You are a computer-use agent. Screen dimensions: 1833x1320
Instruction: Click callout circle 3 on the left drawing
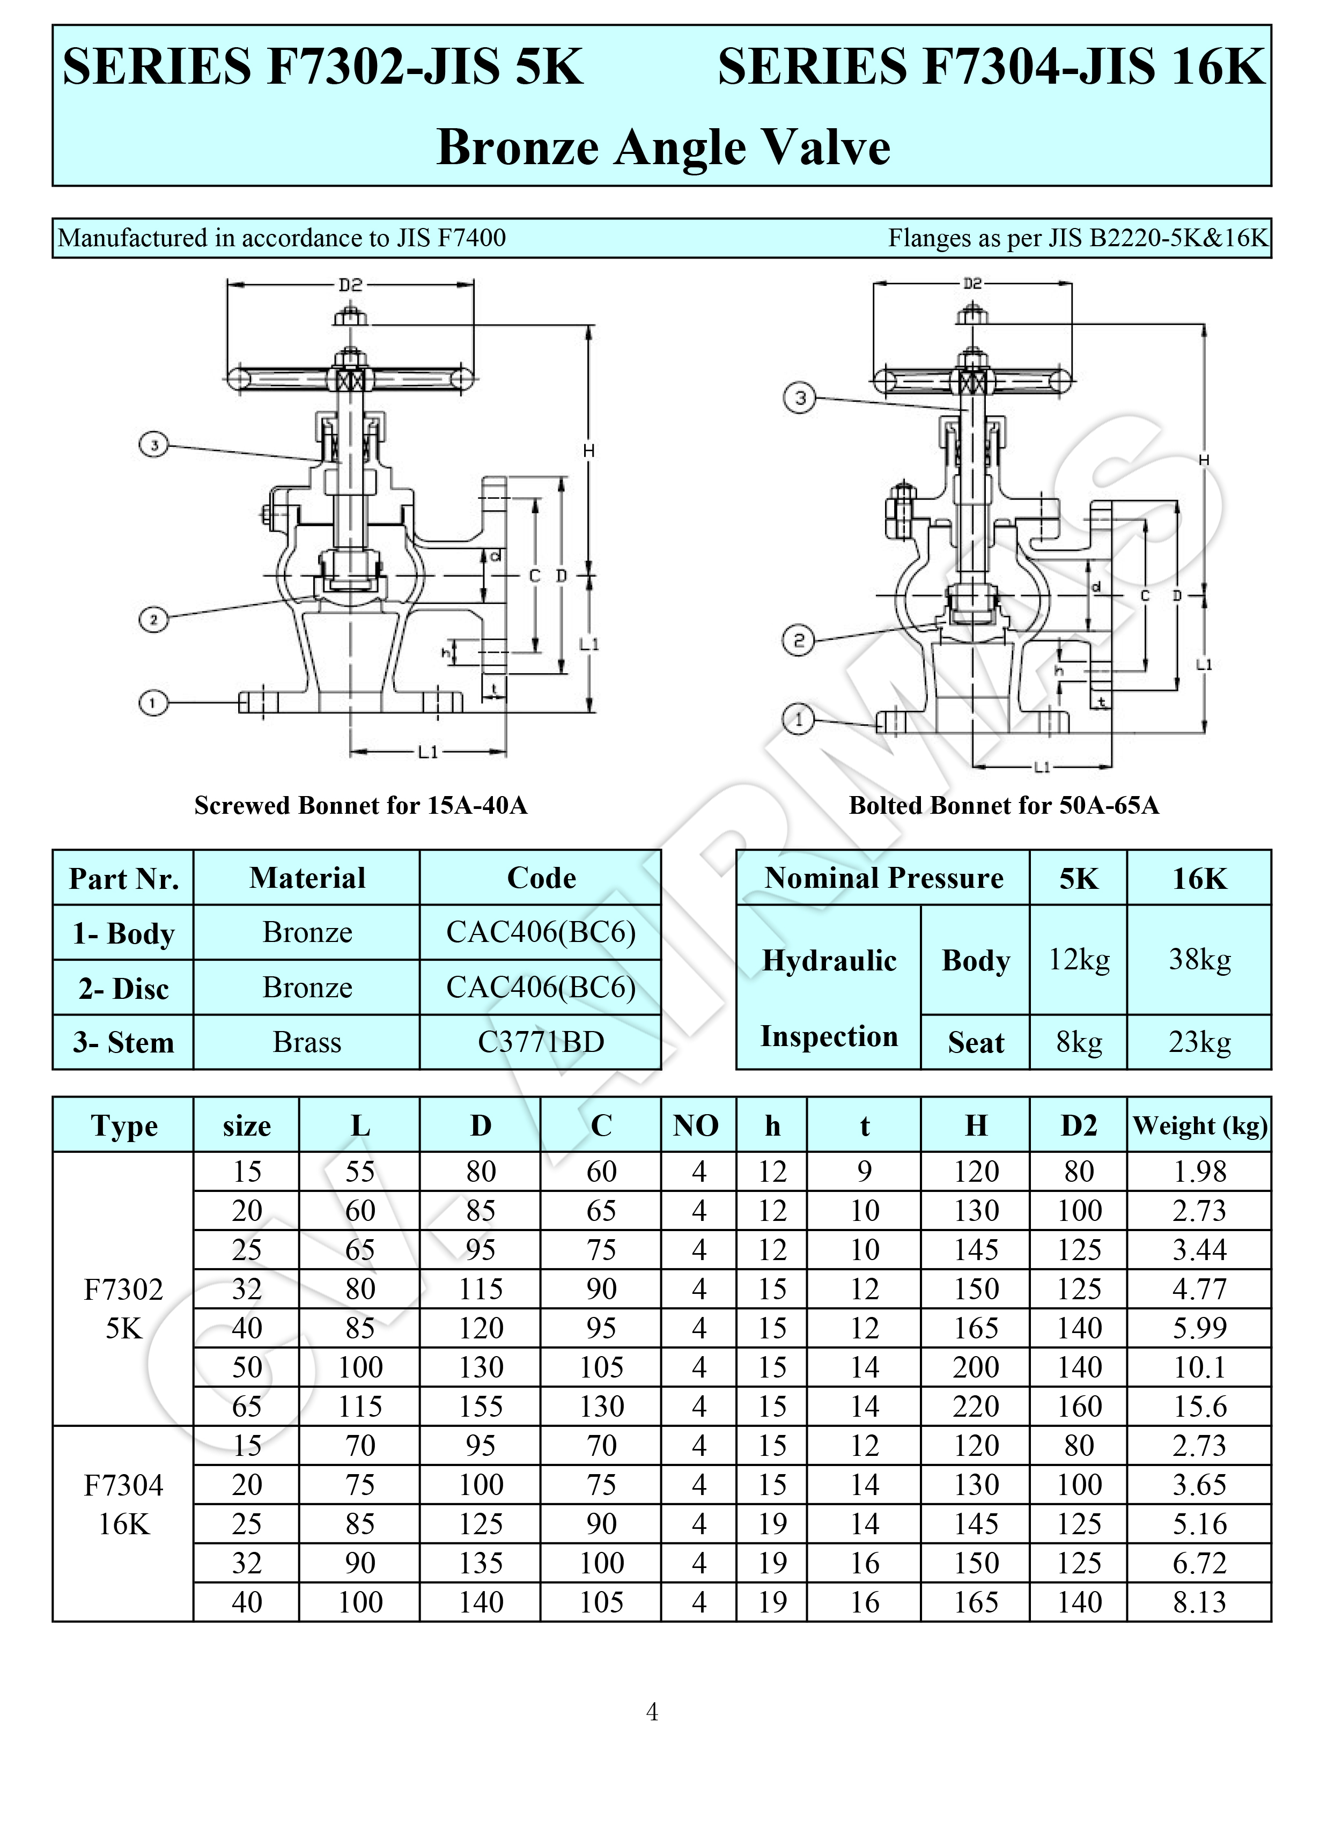pyautogui.click(x=153, y=445)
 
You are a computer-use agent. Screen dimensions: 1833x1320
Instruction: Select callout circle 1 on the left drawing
pyautogui.click(x=153, y=702)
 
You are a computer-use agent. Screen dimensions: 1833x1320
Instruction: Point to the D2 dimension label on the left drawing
pyautogui.click(x=350, y=284)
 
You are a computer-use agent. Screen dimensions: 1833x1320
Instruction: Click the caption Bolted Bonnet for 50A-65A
pyautogui.click(x=1003, y=805)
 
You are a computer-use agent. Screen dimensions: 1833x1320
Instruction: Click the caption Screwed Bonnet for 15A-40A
pyautogui.click(x=360, y=805)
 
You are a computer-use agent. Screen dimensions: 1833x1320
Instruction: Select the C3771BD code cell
pyautogui.click(x=540, y=1042)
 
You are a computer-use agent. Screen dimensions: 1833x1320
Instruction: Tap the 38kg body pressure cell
pyautogui.click(x=1199, y=959)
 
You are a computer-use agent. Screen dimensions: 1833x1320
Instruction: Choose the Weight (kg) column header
pyautogui.click(x=1199, y=1125)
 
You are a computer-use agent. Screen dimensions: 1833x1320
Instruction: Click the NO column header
pyautogui.click(x=696, y=1125)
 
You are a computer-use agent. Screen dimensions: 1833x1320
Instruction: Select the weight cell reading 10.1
pyautogui.click(x=1199, y=1367)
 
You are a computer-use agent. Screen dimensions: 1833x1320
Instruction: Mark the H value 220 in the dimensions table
pyautogui.click(x=976, y=1407)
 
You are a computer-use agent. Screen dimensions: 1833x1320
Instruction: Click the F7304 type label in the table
pyautogui.click(x=124, y=1485)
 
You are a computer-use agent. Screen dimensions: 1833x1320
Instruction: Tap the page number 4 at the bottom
pyautogui.click(x=652, y=1711)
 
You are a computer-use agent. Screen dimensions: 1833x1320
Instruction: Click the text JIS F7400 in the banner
pyautogui.click(x=451, y=238)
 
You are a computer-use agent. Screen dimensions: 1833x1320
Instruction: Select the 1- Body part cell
pyautogui.click(x=124, y=933)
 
